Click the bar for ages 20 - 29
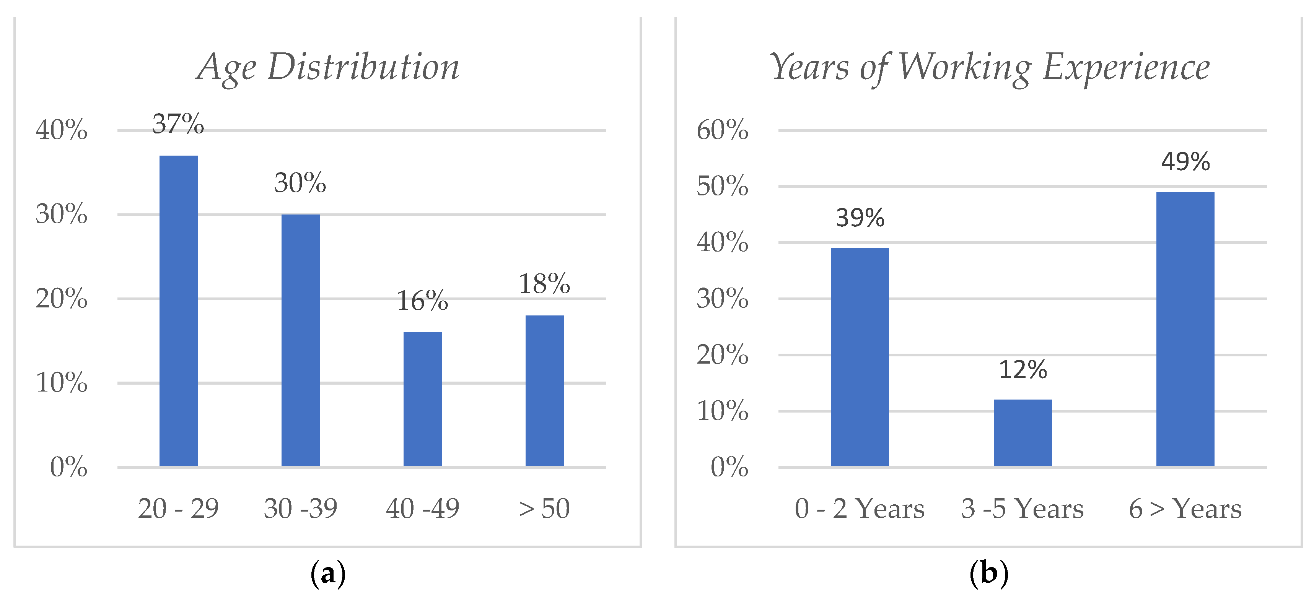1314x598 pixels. [179, 311]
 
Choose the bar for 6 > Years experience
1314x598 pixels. [1185, 329]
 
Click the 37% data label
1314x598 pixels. [178, 124]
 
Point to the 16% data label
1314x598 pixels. [422, 301]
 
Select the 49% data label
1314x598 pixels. [1185, 162]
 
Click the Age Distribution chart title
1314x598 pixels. [328, 67]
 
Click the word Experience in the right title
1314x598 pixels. [1126, 67]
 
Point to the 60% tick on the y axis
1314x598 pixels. [722, 130]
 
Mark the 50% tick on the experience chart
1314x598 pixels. [722, 186]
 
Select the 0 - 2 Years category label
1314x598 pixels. [860, 508]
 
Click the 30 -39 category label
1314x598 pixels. [300, 508]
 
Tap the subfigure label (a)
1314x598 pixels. [328, 573]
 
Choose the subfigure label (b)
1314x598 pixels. [988, 573]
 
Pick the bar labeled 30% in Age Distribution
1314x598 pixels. [300, 340]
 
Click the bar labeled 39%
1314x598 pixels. [860, 357]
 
